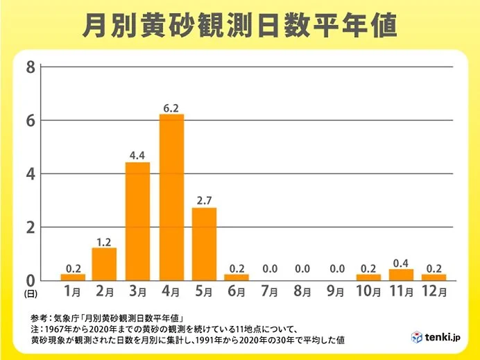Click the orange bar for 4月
click(x=171, y=198)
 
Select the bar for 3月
click(x=138, y=221)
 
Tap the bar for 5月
click(x=205, y=244)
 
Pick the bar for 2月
click(x=104, y=264)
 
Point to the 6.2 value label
click(x=171, y=108)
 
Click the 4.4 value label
click(x=138, y=155)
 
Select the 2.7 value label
click(x=205, y=201)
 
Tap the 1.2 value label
click(x=104, y=241)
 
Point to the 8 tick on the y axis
click(x=30, y=67)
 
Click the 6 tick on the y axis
click(x=30, y=121)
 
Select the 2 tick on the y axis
click(x=30, y=228)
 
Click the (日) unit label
click(x=30, y=295)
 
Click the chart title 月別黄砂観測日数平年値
click(x=239, y=26)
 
